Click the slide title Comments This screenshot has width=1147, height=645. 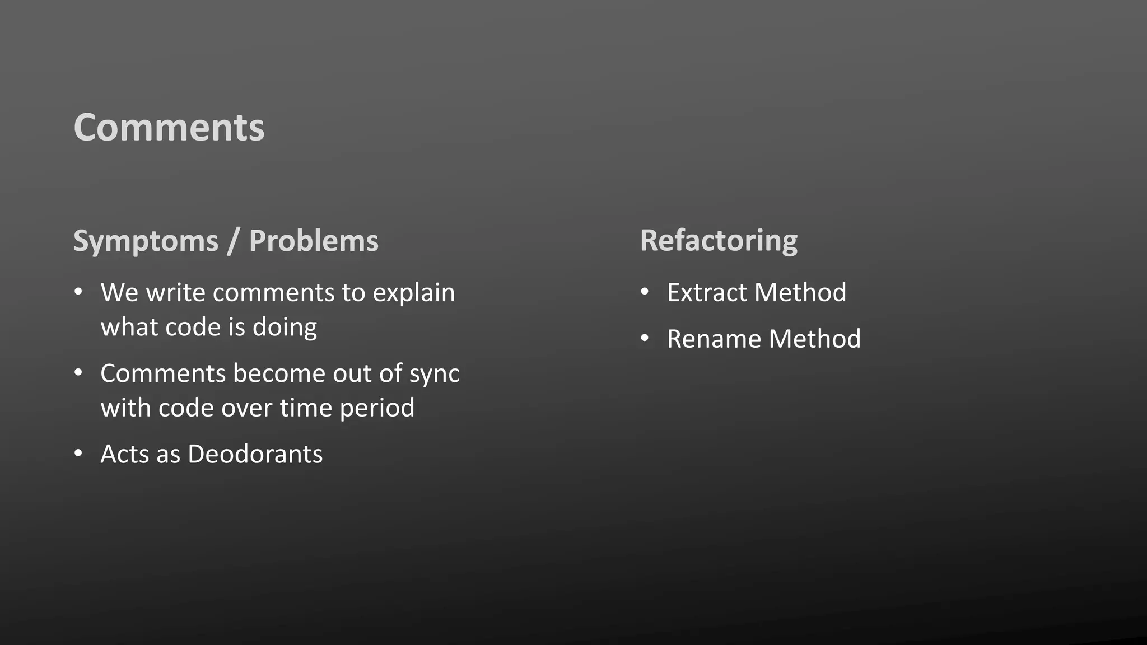[169, 128]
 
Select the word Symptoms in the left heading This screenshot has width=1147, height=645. [146, 241]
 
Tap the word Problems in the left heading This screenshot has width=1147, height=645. [314, 241]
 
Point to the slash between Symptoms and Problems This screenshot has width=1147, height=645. [233, 241]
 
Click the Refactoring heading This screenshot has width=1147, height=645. [719, 241]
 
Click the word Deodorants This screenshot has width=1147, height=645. [255, 454]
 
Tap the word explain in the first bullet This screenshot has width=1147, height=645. [414, 293]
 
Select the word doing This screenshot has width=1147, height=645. [285, 327]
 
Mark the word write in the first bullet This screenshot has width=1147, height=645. [175, 293]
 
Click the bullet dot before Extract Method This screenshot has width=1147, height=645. [645, 292]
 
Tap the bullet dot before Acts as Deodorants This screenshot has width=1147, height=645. [78, 453]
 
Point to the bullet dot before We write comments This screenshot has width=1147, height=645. [78, 292]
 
